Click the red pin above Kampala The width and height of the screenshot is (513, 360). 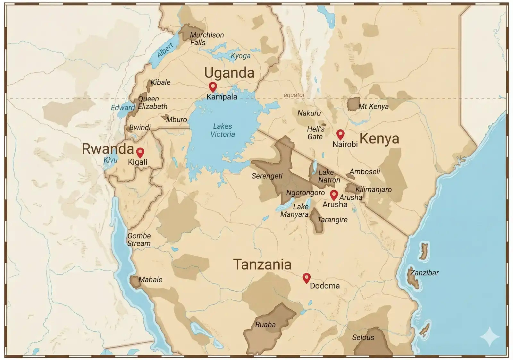(213, 86)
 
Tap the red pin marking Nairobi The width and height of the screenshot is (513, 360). (340, 134)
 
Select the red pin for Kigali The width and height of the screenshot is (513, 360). (140, 152)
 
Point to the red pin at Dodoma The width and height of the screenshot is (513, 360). (307, 278)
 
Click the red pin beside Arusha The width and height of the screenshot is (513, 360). (334, 194)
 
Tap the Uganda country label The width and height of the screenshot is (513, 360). (229, 73)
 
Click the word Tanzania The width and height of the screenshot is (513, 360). (262, 265)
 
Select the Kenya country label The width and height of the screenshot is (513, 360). (379, 139)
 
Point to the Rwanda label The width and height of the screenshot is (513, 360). (108, 149)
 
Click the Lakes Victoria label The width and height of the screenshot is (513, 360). (223, 130)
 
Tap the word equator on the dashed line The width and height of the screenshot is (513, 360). (294, 95)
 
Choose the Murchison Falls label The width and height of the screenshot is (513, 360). (206, 39)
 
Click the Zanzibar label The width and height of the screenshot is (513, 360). (425, 273)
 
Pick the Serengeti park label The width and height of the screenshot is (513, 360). (267, 176)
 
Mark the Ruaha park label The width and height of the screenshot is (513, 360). (265, 325)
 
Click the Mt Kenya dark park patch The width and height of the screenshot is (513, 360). (353, 104)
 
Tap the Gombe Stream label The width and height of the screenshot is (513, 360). (139, 240)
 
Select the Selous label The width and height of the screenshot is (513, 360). (363, 337)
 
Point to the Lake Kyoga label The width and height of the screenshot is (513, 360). (240, 56)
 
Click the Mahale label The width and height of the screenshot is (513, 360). (150, 279)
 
